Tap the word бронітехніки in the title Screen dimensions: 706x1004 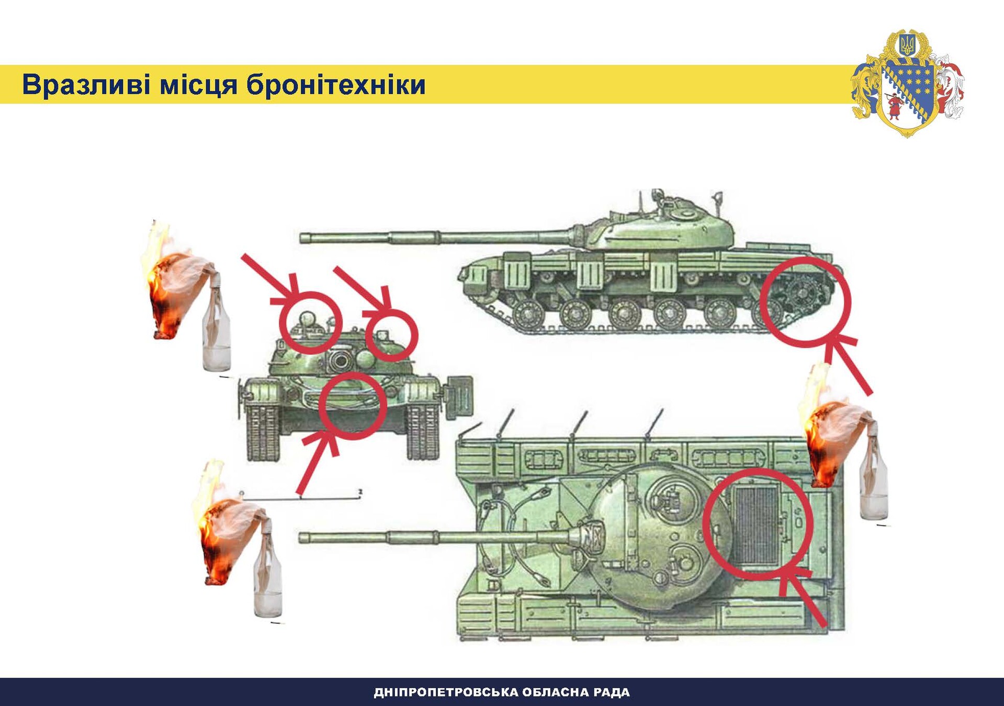click(336, 85)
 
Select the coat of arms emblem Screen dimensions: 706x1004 click(908, 84)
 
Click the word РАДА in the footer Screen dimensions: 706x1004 click(612, 692)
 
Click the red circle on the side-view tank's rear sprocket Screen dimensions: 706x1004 click(805, 301)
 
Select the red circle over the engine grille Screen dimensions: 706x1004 click(758, 524)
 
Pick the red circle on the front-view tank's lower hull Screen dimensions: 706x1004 click(353, 406)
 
